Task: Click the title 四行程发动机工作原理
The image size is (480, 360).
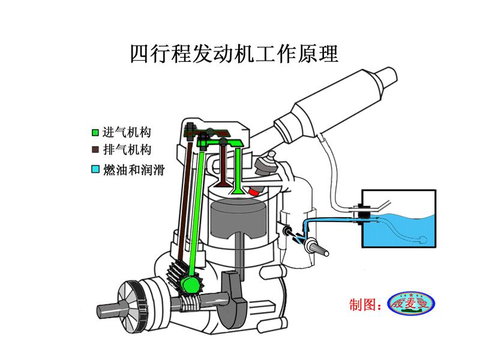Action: [234, 53]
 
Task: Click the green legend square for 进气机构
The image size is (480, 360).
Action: [95, 132]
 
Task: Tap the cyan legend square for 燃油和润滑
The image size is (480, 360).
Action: [95, 170]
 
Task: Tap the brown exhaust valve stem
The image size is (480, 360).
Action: [224, 162]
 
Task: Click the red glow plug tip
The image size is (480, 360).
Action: [257, 191]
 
